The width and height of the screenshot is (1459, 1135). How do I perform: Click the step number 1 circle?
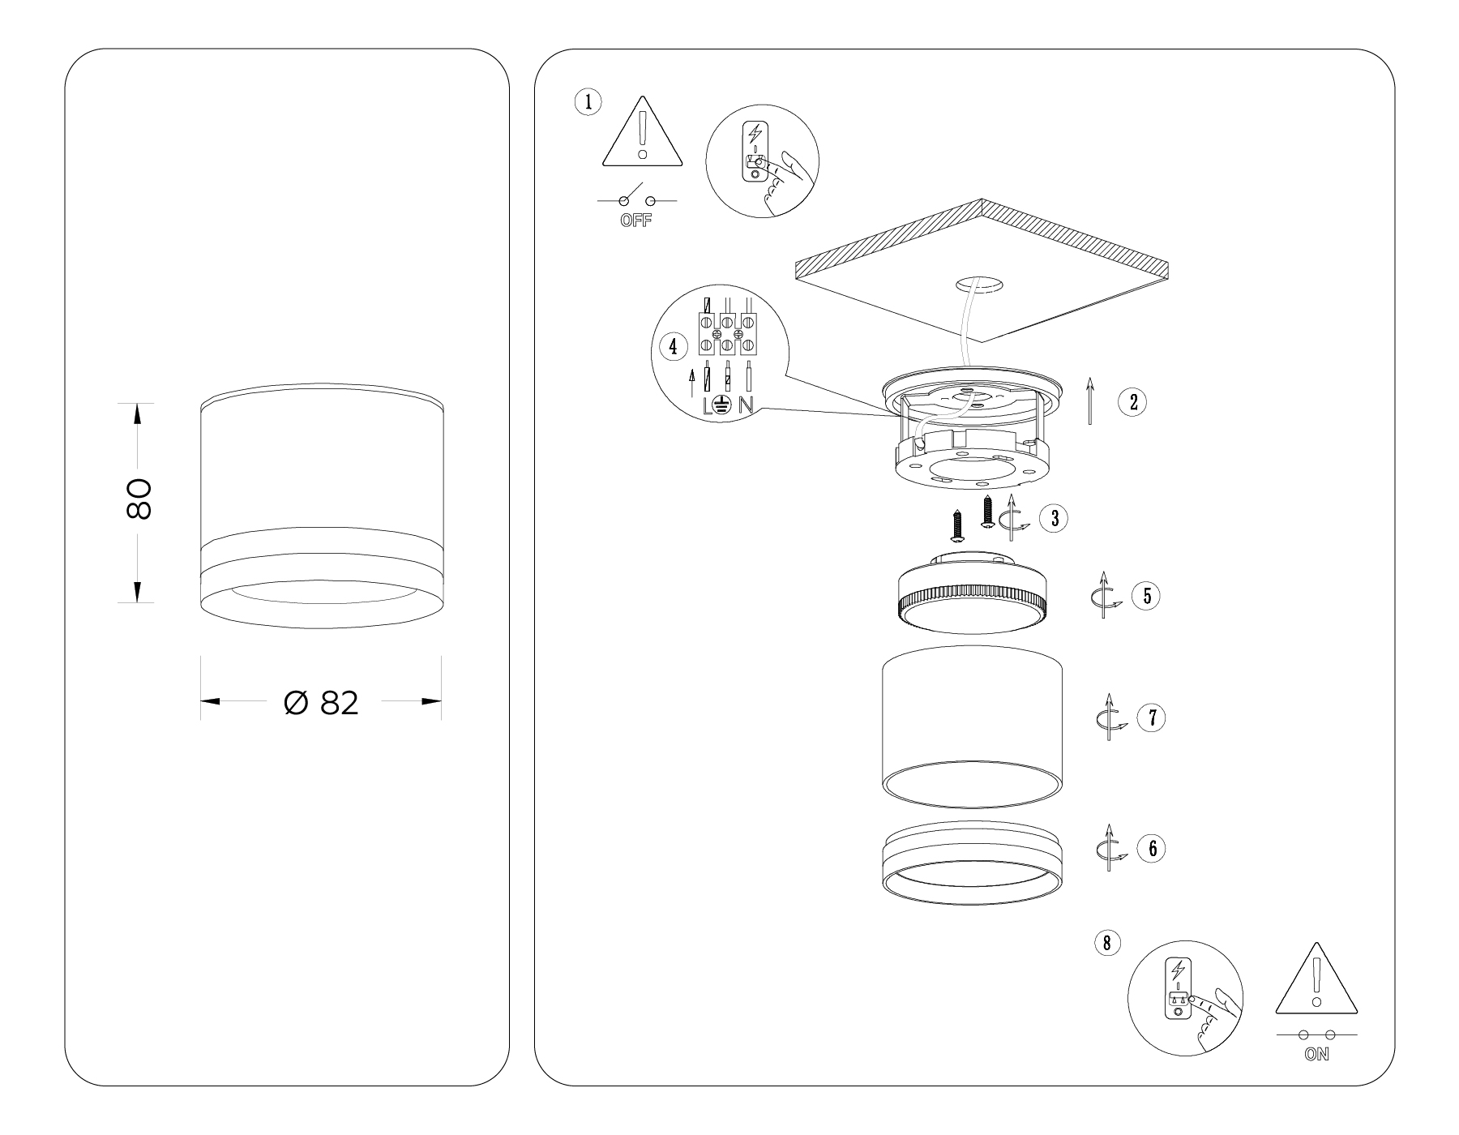tap(588, 102)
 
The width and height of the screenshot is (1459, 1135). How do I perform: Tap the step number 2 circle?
tap(1132, 402)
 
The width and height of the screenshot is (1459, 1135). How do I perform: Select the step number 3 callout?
tap(1055, 519)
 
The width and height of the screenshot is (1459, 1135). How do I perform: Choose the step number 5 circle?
tap(1146, 596)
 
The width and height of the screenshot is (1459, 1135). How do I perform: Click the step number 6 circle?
tap(1151, 849)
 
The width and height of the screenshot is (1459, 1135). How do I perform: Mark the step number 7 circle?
tap(1151, 718)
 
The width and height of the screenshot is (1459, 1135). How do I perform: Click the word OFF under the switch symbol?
tap(635, 221)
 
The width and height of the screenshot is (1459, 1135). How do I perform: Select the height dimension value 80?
tap(139, 499)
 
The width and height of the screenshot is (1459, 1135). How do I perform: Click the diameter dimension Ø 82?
tap(321, 703)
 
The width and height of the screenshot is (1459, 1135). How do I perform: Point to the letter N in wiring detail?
tap(746, 406)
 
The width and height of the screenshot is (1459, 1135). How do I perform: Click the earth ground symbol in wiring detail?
tap(724, 406)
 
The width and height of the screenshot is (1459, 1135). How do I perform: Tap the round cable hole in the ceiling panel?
tap(979, 285)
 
